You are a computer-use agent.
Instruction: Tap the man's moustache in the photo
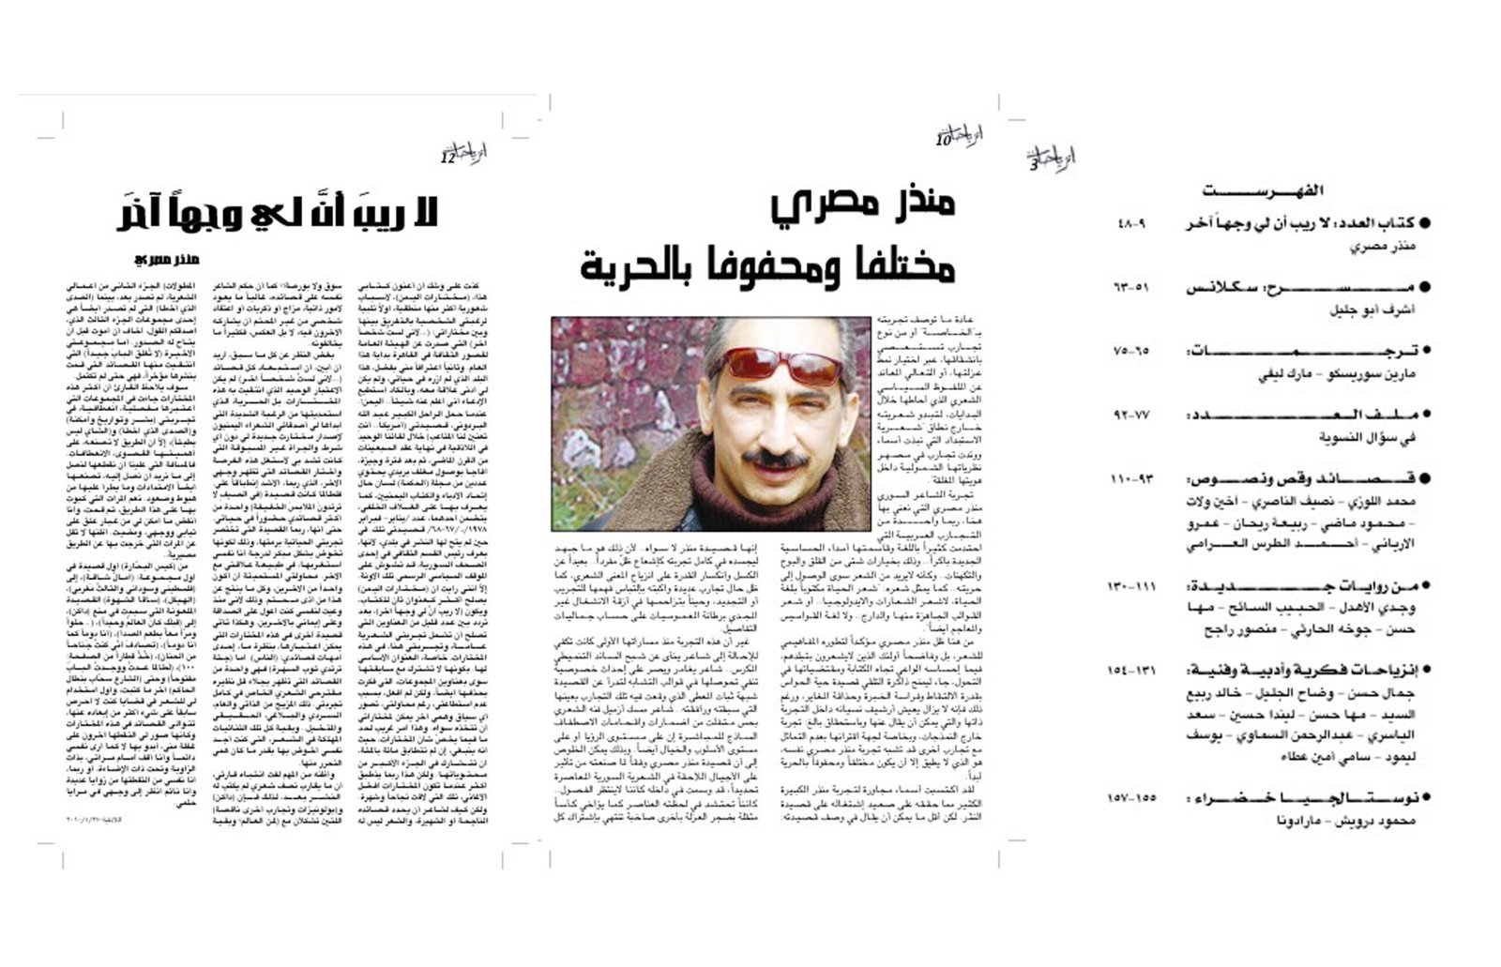(x=778, y=460)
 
